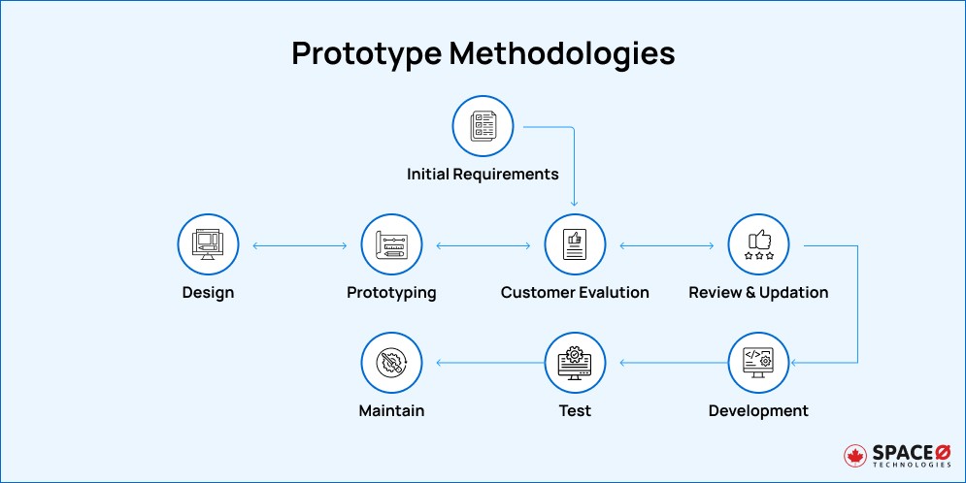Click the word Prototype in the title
366,53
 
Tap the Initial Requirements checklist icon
483,127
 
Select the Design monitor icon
208,245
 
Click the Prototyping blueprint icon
391,245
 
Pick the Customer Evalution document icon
575,245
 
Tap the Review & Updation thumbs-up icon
758,245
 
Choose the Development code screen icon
758,363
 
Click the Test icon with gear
575,363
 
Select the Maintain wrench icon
391,363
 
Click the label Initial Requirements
483,175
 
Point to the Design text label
208,292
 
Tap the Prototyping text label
391,292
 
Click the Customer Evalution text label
575,292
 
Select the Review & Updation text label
758,292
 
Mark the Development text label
758,410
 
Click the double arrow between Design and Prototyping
299,246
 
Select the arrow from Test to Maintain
483,364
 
